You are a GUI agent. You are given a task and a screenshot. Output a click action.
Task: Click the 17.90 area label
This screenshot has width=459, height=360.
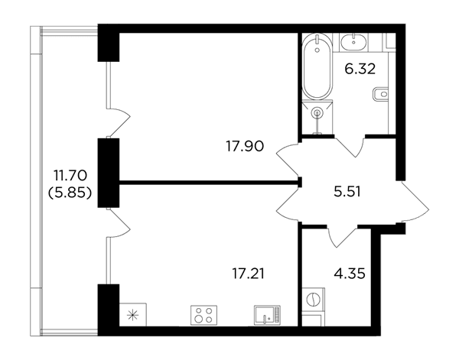245,146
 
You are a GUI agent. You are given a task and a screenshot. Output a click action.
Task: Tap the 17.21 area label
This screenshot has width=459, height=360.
248,274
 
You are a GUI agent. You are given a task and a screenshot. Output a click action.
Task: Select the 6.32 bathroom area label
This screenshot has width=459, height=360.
360,70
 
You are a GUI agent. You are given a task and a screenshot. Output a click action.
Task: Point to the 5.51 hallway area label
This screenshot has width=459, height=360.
347,192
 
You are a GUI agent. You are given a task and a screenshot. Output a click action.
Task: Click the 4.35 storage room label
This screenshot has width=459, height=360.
350,274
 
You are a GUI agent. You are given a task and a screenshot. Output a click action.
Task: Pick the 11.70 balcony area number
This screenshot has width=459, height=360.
70,176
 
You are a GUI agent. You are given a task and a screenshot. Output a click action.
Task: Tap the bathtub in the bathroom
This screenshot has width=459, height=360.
317,66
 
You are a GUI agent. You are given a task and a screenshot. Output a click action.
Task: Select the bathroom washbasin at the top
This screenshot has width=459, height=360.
353,42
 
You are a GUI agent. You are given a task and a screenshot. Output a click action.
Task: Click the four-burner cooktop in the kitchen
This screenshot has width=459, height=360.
203,315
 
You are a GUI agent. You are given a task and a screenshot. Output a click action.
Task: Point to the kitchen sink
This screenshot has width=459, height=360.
267,315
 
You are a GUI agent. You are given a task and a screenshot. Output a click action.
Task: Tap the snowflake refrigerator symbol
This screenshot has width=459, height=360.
133,315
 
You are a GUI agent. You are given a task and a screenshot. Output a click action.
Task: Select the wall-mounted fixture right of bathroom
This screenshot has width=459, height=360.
380,94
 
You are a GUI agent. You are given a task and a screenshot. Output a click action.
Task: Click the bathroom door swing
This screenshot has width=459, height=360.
350,146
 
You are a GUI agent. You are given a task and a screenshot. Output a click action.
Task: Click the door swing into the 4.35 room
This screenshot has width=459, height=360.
343,236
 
